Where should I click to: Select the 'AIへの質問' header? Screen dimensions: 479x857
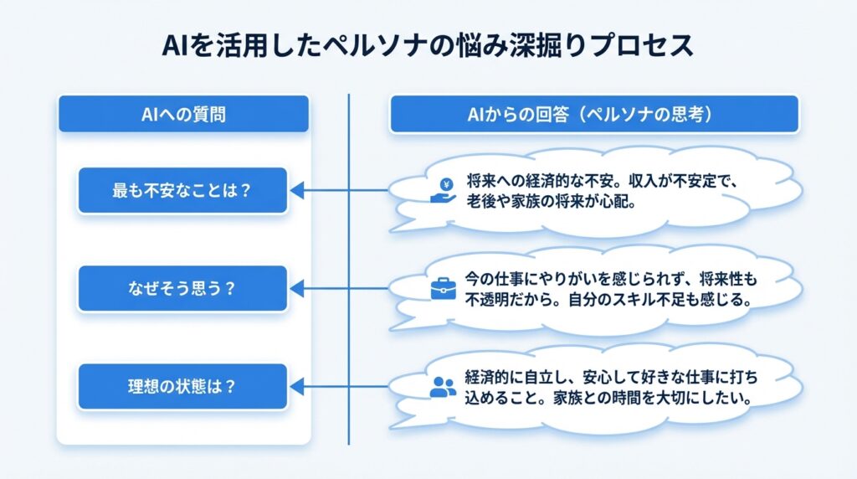183,115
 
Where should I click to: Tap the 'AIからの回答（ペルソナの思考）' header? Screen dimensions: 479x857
593,115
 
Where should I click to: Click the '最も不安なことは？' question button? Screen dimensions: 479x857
182,190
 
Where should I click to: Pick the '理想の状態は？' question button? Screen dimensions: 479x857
182,387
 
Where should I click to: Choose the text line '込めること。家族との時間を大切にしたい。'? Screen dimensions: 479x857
609,398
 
